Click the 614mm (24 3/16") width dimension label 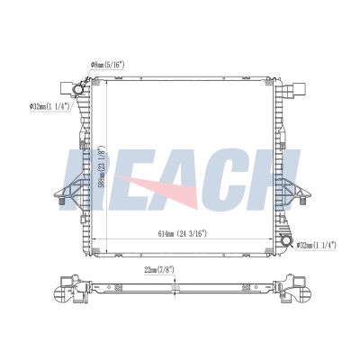[183, 234]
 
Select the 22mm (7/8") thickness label [159, 270]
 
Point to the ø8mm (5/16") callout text [107, 65]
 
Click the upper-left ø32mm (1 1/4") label [49, 106]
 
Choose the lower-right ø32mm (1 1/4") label [316, 245]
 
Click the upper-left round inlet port [78, 89]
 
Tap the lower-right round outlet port [286, 240]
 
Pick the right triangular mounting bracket [293, 190]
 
